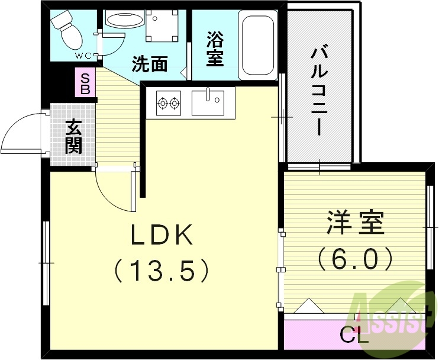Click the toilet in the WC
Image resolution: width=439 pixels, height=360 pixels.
(x=66, y=31)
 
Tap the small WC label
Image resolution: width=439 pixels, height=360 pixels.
(x=82, y=56)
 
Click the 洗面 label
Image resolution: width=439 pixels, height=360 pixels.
(x=150, y=64)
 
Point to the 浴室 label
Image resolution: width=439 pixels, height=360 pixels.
(x=215, y=49)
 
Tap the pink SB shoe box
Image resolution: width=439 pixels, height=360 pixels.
(x=85, y=83)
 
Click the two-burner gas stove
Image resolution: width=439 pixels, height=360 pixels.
(x=168, y=104)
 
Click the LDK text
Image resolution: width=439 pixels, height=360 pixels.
(x=162, y=237)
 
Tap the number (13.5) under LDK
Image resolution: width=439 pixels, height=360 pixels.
(x=162, y=271)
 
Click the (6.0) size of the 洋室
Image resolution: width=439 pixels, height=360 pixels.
(x=355, y=258)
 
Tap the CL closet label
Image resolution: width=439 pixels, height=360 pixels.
(x=354, y=337)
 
